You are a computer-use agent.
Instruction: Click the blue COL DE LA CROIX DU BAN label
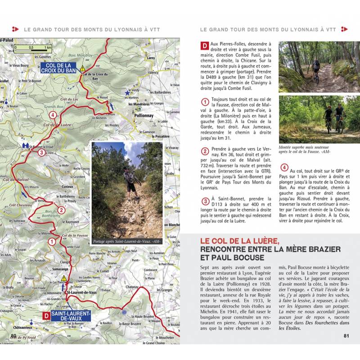pos(59,67)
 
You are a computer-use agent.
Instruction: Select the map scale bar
pos(33,47)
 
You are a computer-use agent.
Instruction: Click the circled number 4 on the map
pos(54,115)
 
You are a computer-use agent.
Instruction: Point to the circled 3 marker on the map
pos(41,153)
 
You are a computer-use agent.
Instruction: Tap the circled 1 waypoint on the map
pos(52,242)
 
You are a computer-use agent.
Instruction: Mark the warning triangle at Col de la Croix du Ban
pos(83,68)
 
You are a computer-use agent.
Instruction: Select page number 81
pos(346,335)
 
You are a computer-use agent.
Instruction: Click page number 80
pos(13,335)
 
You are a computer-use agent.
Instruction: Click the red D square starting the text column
pos(204,45)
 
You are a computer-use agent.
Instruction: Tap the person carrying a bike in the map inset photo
pos(130,180)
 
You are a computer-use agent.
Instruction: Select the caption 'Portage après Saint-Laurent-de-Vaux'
pos(126,242)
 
